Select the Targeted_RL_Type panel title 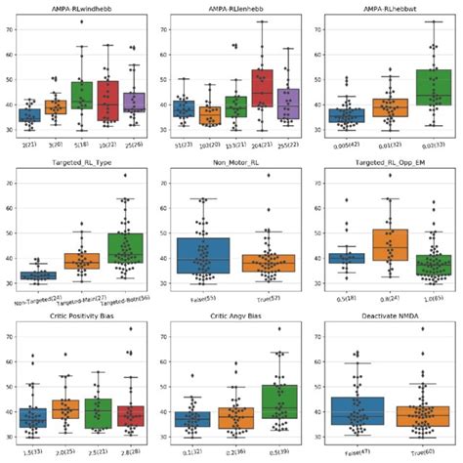coord(85,155)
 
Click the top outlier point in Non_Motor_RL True coord(268,176)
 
